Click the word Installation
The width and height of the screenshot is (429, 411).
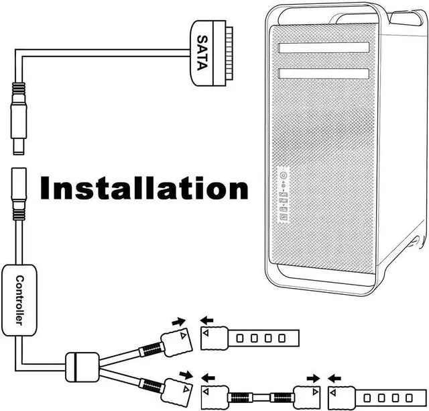coord(143,189)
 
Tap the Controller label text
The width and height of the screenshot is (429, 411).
coord(20,300)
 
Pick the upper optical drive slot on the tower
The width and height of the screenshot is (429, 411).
coord(324,48)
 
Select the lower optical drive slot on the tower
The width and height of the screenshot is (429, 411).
coord(324,72)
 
